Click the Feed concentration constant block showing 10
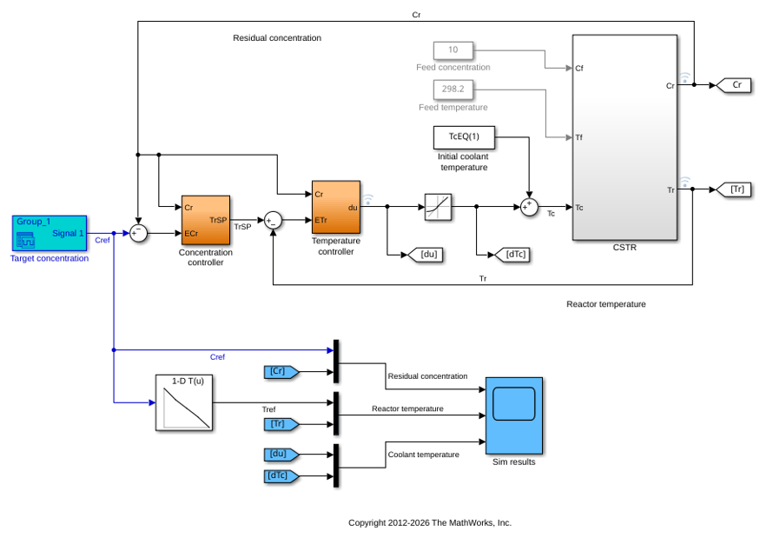pyautogui.click(x=453, y=50)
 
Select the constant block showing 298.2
pyautogui.click(x=453, y=90)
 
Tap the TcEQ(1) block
pyautogui.click(x=464, y=137)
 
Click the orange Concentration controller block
pyautogui.click(x=206, y=220)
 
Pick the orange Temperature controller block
pyautogui.click(x=336, y=207)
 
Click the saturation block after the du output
pyautogui.click(x=438, y=207)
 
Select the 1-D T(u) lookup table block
pyautogui.click(x=183, y=402)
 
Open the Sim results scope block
pyautogui.click(x=514, y=415)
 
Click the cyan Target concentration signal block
pyautogui.click(x=50, y=233)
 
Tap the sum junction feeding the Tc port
pyautogui.click(x=529, y=207)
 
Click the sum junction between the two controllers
pyautogui.click(x=273, y=220)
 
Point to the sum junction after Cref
pyautogui.click(x=138, y=233)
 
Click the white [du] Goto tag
pyautogui.click(x=426, y=255)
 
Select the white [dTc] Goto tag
pyautogui.click(x=512, y=255)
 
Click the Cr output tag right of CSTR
pyautogui.click(x=734, y=85)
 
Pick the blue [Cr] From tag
pyautogui.click(x=281, y=372)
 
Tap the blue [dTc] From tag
pyautogui.click(x=281, y=476)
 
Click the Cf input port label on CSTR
pyautogui.click(x=579, y=69)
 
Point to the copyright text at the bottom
pyautogui.click(x=430, y=523)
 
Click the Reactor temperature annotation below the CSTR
pyautogui.click(x=606, y=304)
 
